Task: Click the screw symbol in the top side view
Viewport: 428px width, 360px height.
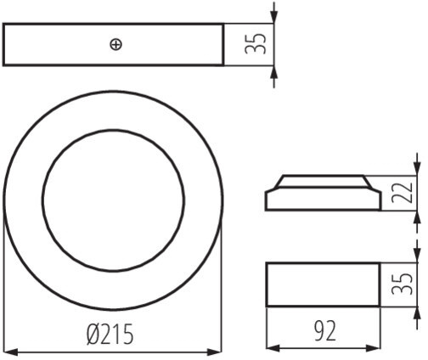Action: [x=115, y=45]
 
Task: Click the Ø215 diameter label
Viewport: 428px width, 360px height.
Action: [x=110, y=335]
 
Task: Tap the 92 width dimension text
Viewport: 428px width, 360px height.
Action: [x=325, y=330]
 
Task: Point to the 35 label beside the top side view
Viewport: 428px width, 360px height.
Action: [x=256, y=43]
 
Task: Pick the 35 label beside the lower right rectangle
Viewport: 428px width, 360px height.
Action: [x=402, y=284]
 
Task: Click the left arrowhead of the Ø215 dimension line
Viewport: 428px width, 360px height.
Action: [x=11, y=352]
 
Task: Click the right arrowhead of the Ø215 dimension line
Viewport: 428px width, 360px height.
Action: [x=214, y=352]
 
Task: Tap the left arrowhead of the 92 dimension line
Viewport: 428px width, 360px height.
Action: [x=274, y=348]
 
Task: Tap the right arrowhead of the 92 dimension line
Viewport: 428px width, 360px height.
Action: [x=373, y=348]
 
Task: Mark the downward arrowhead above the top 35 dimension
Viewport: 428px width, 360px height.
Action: [x=273, y=16]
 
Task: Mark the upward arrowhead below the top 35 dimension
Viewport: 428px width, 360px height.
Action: [x=273, y=73]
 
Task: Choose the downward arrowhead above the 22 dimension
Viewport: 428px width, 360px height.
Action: [x=416, y=168]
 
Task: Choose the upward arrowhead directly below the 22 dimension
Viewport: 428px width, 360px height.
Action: [x=416, y=218]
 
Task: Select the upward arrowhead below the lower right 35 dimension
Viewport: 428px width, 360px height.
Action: [x=416, y=313]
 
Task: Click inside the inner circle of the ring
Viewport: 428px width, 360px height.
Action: [x=113, y=200]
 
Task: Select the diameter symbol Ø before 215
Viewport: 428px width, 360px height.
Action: [x=93, y=335]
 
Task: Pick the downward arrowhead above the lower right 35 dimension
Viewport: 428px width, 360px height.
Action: [x=416, y=256]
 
